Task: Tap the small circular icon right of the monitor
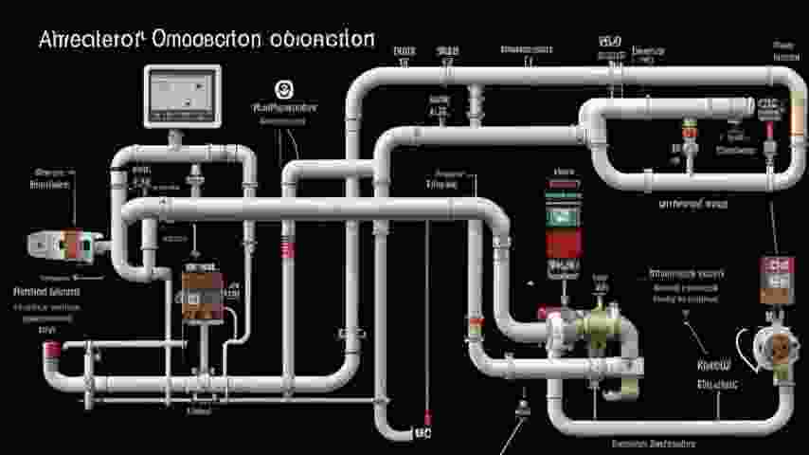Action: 281,89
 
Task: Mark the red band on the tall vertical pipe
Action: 288,249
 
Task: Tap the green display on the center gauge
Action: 561,214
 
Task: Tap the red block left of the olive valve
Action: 544,313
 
